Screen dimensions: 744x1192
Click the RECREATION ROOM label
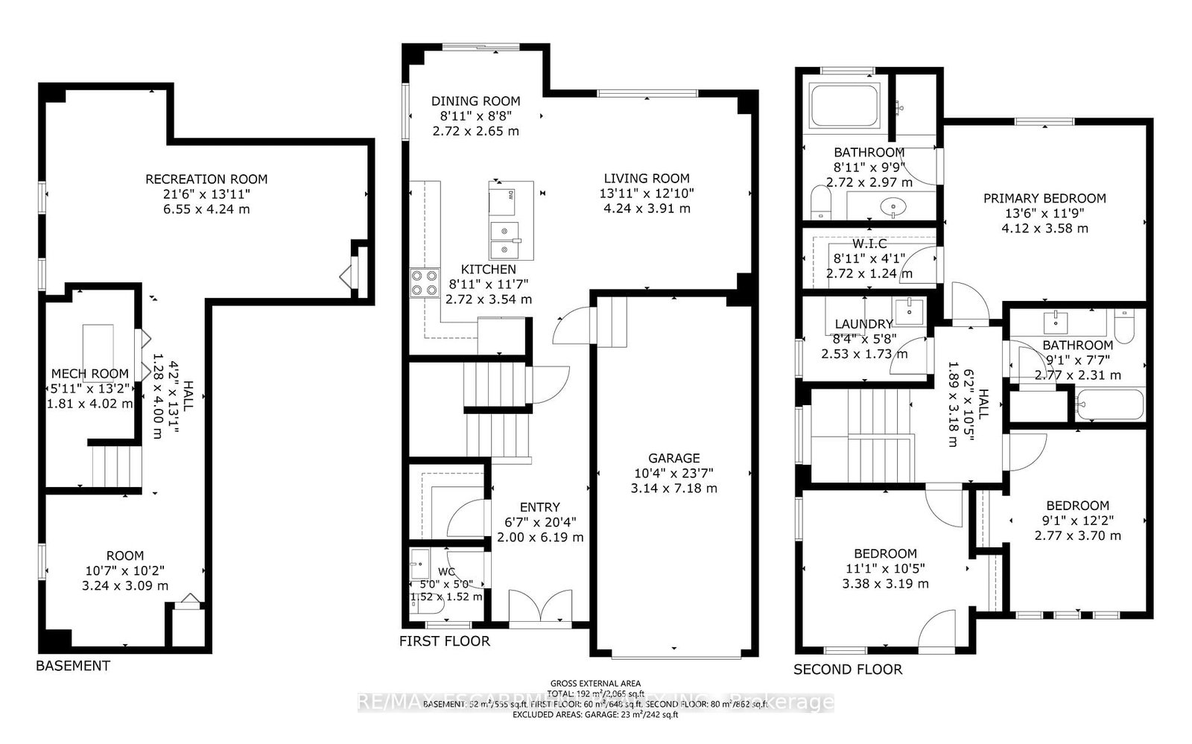click(x=206, y=179)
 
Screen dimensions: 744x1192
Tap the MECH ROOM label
click(x=89, y=373)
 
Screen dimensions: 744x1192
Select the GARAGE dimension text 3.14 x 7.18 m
click(x=673, y=489)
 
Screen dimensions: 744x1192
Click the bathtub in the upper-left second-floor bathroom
click(x=845, y=106)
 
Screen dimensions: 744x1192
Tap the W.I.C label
click(x=869, y=244)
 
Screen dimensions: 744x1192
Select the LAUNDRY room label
click(x=863, y=324)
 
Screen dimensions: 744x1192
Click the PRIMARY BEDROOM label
click(x=1044, y=198)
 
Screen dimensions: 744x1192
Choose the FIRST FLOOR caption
click(x=445, y=641)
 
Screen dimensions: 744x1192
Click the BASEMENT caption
click(x=73, y=666)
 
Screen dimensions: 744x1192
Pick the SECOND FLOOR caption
click(x=848, y=670)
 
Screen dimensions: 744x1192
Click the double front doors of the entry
click(x=541, y=606)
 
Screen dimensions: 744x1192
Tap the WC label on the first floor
click(x=447, y=571)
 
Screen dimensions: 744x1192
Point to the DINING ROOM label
click(x=475, y=101)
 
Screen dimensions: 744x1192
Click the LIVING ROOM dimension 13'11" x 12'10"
click(x=647, y=193)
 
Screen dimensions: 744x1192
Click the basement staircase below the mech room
click(x=115, y=466)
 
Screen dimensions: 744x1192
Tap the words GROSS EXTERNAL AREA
click(x=595, y=683)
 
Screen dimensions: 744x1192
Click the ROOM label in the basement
click(x=125, y=556)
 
